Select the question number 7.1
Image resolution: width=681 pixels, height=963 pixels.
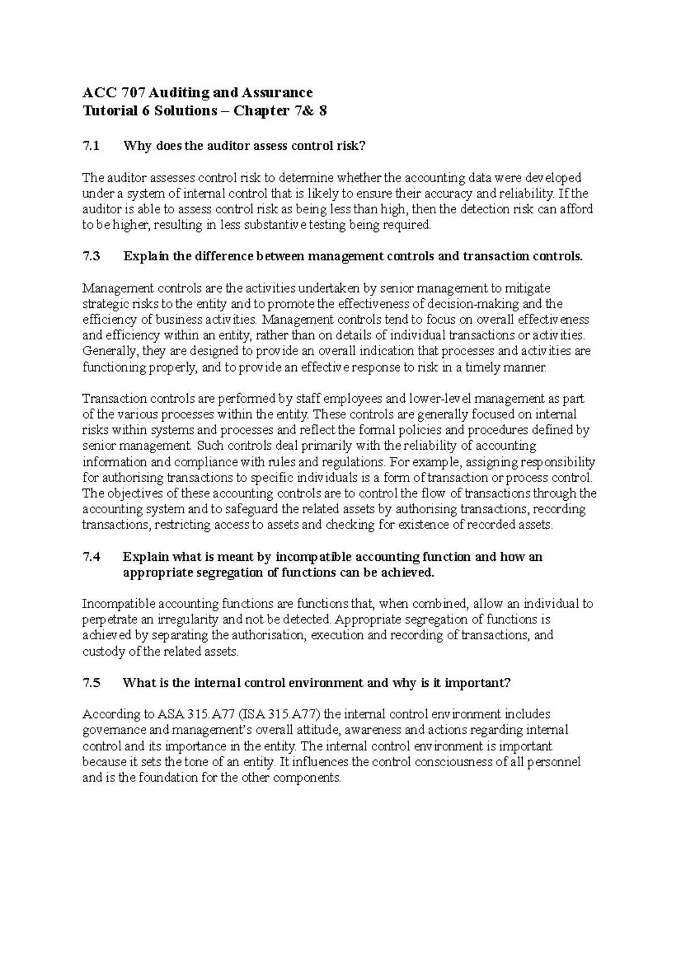(x=91, y=146)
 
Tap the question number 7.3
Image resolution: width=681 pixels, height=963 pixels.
(x=91, y=256)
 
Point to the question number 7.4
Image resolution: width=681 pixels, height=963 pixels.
(x=91, y=557)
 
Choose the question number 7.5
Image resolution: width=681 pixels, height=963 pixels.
(x=91, y=683)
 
